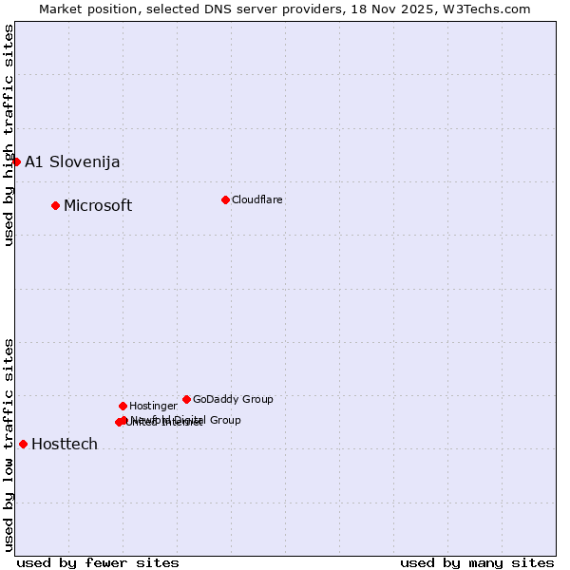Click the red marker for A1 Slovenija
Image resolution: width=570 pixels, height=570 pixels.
click(x=16, y=161)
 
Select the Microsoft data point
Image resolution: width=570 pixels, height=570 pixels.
click(x=55, y=205)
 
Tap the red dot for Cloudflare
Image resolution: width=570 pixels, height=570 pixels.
click(x=225, y=199)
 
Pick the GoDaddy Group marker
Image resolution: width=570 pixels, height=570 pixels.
click(x=186, y=399)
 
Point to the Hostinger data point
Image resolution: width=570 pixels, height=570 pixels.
click(x=123, y=406)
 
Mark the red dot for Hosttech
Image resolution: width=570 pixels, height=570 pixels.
click(x=23, y=444)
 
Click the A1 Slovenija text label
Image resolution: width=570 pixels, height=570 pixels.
click(x=72, y=161)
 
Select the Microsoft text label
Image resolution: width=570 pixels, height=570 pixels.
click(x=98, y=206)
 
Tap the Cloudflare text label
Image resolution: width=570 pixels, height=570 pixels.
click(x=256, y=199)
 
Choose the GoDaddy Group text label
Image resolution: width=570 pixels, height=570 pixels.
click(x=233, y=399)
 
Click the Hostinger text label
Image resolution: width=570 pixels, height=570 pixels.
click(x=153, y=406)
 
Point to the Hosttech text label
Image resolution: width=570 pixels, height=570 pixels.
click(x=65, y=445)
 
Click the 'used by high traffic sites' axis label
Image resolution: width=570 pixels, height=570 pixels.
click(x=9, y=135)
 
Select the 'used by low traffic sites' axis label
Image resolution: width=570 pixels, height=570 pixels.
click(x=9, y=445)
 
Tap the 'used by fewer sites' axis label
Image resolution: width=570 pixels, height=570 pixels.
click(x=98, y=562)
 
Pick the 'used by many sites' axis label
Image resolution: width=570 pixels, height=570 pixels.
click(x=477, y=562)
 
